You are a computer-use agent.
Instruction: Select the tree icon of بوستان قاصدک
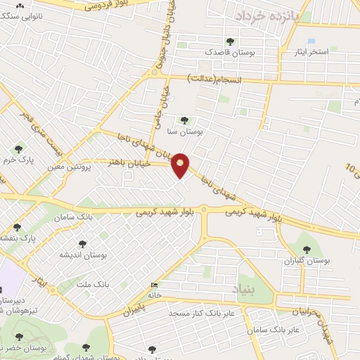point(230,42)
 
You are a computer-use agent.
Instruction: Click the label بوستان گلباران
point(307,261)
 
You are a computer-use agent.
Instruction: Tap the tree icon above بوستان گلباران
point(307,249)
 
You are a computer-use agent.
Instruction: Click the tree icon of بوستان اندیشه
point(83,244)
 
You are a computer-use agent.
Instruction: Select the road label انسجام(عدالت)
point(217,80)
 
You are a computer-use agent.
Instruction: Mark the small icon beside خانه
point(154,285)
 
